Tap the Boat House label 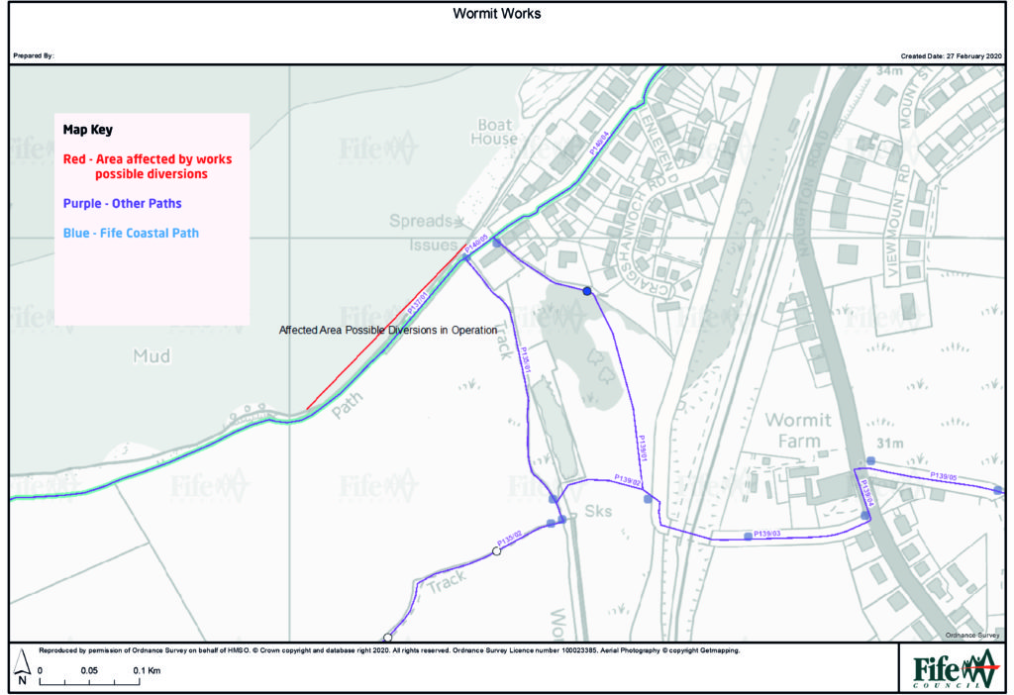[x=495, y=133]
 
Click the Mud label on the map [x=152, y=355]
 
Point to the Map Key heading [x=88, y=130]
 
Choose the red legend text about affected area [x=148, y=165]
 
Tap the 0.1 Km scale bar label [x=147, y=670]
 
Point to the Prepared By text [x=33, y=56]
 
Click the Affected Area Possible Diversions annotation [x=387, y=330]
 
